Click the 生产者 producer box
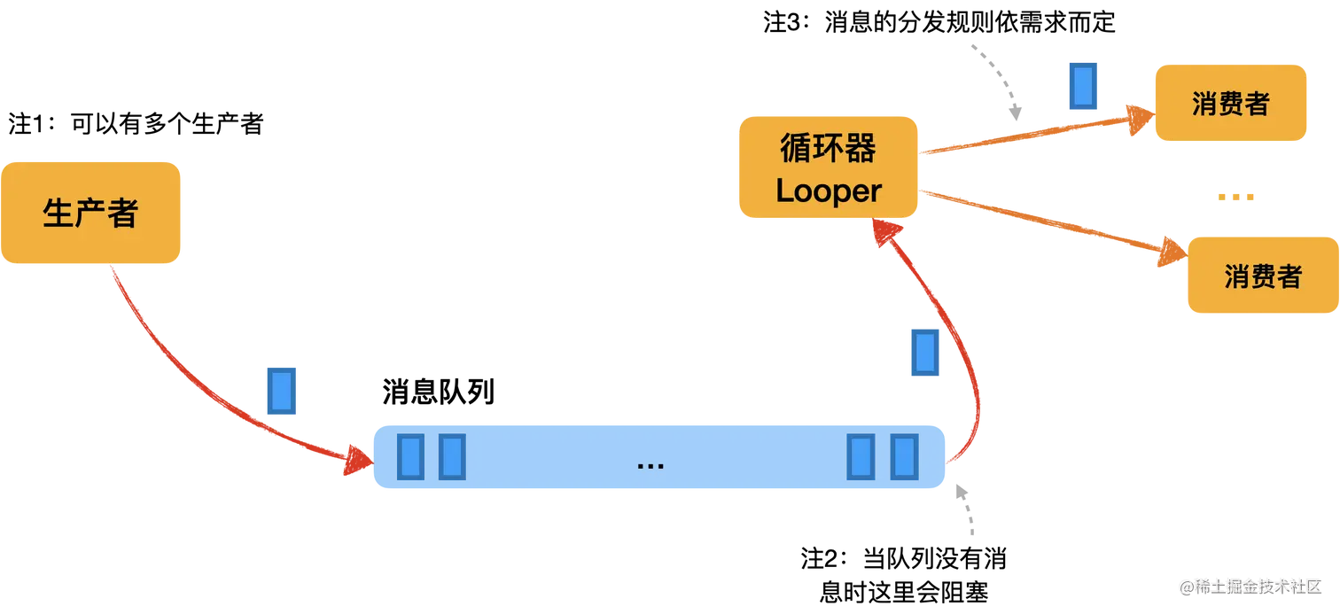pos(91,213)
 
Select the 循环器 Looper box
pos(829,167)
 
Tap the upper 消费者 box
pos(1230,103)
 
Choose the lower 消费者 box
pos(1262,276)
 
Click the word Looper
pos(829,190)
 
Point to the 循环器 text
pos(828,148)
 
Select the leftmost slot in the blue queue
pos(410,456)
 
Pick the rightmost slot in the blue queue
pos(904,456)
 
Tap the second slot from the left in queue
pos(453,456)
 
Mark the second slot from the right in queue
pos(861,456)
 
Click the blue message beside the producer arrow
pos(280,391)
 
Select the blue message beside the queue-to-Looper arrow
pos(924,354)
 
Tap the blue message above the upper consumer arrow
pos(1081,86)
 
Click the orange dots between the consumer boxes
pos(1236,198)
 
